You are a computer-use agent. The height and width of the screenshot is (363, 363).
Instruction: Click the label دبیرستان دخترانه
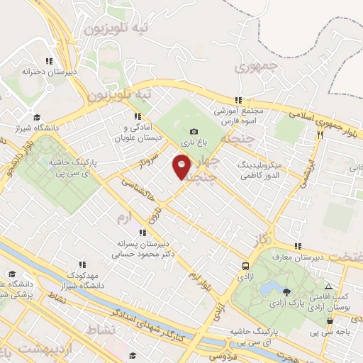(x=48, y=72)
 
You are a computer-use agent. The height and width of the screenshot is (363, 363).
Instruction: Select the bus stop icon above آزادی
(x=245, y=267)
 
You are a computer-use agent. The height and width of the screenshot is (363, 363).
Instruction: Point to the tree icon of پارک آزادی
(x=286, y=291)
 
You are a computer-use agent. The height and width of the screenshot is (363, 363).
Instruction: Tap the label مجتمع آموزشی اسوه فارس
(x=239, y=116)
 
